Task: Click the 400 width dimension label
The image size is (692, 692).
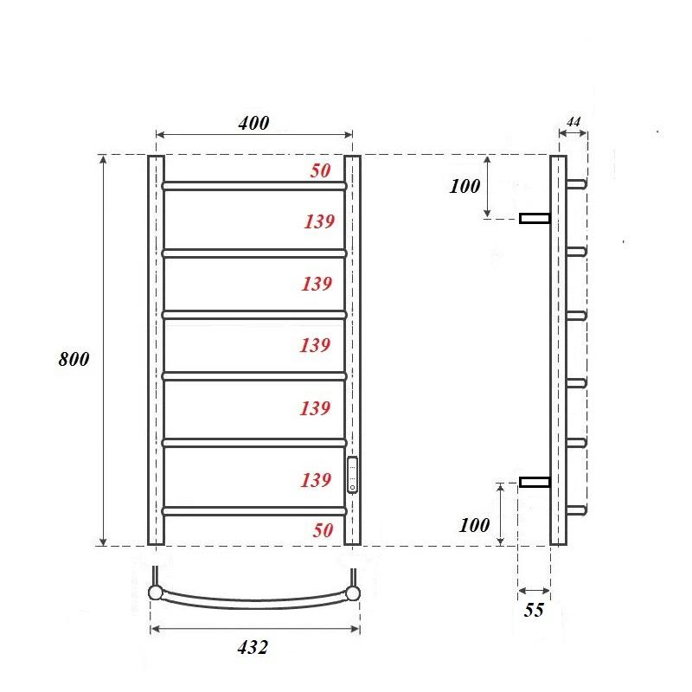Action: (x=253, y=123)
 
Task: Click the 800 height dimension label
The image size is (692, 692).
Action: (x=73, y=359)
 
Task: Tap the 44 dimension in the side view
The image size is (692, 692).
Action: (x=572, y=123)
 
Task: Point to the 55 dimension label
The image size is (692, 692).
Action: (x=534, y=611)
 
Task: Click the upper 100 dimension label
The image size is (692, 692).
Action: (x=465, y=186)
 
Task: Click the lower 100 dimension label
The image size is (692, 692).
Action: (x=475, y=524)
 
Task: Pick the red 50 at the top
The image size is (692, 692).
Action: (x=321, y=171)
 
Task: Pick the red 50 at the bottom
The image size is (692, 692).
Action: (x=323, y=530)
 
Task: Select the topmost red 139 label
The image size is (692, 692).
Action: (x=318, y=221)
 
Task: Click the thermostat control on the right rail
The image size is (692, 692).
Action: (x=351, y=475)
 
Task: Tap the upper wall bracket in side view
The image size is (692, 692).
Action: (x=535, y=218)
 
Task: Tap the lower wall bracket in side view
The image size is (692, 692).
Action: (x=535, y=481)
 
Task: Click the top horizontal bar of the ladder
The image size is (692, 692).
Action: (x=254, y=186)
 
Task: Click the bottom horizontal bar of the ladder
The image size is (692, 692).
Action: (x=254, y=511)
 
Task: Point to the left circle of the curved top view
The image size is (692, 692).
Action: (x=155, y=593)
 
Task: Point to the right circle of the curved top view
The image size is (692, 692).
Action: (x=354, y=593)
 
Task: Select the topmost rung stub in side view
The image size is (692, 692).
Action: (x=577, y=183)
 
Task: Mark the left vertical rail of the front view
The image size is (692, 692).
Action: (x=156, y=350)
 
